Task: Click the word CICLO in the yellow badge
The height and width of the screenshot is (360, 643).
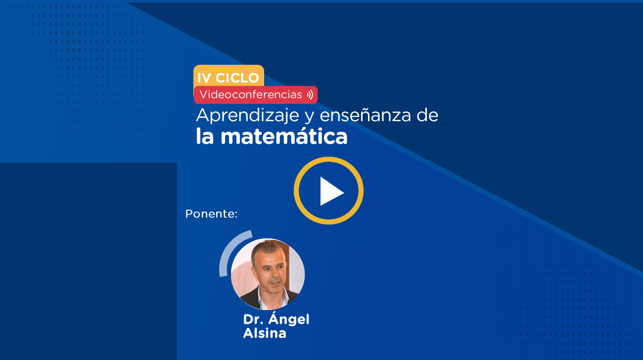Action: (x=237, y=78)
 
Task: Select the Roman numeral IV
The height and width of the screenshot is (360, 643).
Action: (x=204, y=78)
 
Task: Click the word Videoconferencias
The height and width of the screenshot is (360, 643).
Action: (x=251, y=94)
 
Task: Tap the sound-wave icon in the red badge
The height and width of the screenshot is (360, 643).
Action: (x=310, y=95)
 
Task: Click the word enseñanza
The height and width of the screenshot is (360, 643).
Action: (x=365, y=115)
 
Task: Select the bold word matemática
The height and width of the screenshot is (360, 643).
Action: (x=284, y=137)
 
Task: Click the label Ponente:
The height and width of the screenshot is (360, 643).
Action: (x=211, y=214)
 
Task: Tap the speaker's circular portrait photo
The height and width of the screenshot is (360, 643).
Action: (x=268, y=274)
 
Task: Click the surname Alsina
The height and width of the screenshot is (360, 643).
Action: (x=265, y=333)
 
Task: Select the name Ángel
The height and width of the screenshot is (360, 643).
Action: (x=289, y=318)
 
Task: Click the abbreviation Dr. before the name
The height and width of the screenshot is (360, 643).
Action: (x=253, y=319)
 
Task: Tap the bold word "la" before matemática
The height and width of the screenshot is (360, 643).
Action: (x=205, y=136)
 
